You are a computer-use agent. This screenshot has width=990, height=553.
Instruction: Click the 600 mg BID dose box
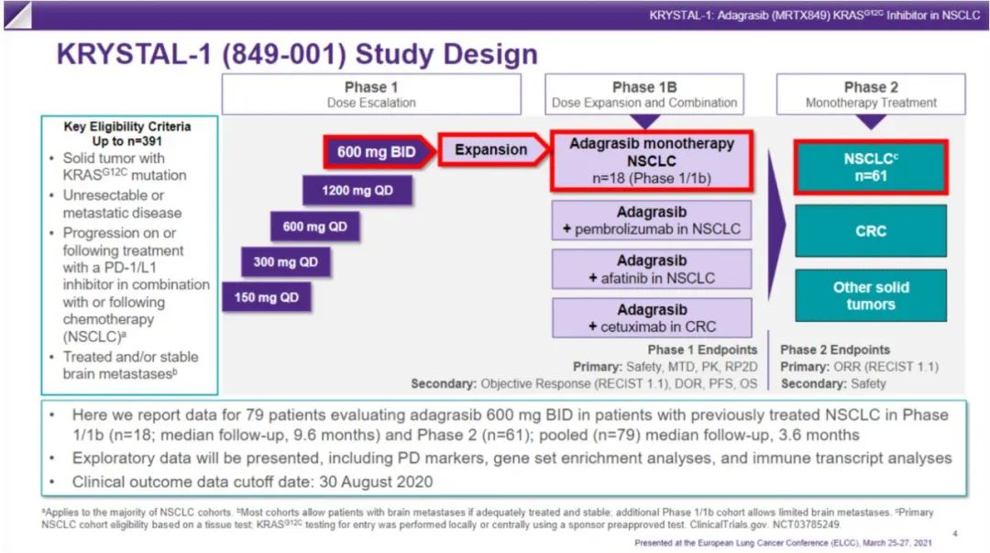[x=376, y=151]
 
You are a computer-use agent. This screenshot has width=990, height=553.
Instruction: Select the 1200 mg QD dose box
[x=358, y=191]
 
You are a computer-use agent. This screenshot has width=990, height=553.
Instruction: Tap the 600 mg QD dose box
[x=314, y=227]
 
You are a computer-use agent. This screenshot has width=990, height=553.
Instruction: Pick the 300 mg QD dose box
[x=285, y=262]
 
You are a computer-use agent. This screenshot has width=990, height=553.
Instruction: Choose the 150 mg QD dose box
[x=265, y=297]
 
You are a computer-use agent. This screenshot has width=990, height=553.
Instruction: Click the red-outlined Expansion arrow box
[x=490, y=149]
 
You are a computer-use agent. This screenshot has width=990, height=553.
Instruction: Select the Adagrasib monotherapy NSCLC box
[x=652, y=160]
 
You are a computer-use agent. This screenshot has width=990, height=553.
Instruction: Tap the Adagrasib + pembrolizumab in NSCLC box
[x=652, y=220]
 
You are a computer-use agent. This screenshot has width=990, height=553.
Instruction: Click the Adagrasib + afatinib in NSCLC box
[x=652, y=269]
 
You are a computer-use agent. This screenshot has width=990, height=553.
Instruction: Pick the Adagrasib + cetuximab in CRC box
[x=652, y=317]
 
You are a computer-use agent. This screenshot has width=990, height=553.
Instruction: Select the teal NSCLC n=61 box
[x=870, y=167]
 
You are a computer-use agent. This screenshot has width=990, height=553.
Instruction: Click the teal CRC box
[x=870, y=230]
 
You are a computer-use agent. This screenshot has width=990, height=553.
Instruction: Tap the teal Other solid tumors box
[x=870, y=295]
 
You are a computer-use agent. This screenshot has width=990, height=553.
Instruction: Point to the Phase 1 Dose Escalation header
[x=371, y=94]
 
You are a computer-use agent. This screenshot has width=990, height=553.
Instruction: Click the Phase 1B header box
[x=644, y=94]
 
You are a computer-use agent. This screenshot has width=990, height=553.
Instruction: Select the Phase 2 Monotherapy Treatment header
[x=870, y=94]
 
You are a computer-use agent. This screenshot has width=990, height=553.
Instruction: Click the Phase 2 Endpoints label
[x=835, y=349]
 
